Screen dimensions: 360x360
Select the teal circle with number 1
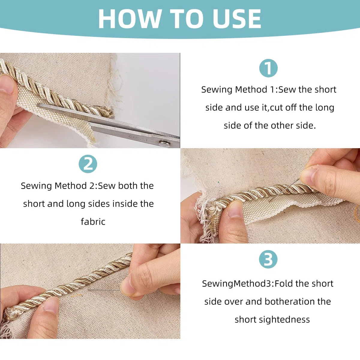click(x=268, y=68)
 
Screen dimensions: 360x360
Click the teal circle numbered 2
click(x=88, y=164)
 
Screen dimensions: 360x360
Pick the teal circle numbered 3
click(x=268, y=259)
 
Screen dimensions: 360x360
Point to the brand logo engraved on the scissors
click(x=139, y=138)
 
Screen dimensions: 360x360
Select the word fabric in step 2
click(x=93, y=222)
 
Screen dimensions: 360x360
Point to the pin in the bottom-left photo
click(x=104, y=290)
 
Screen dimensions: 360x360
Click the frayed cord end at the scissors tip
click(x=108, y=112)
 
